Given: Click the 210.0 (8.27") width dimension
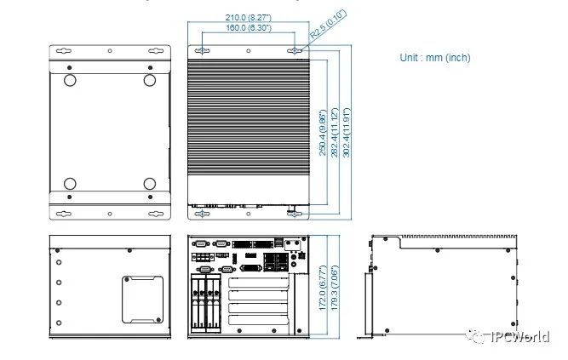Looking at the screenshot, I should click(248, 17).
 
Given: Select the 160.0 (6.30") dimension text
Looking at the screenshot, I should click(248, 28).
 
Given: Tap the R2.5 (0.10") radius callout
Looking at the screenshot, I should click(328, 26).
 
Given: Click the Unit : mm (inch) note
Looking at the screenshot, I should click(434, 58).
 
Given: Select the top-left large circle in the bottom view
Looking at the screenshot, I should click(70, 81).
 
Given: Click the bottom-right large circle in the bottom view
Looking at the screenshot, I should click(150, 184).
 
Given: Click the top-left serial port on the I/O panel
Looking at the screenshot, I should click(202, 243).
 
